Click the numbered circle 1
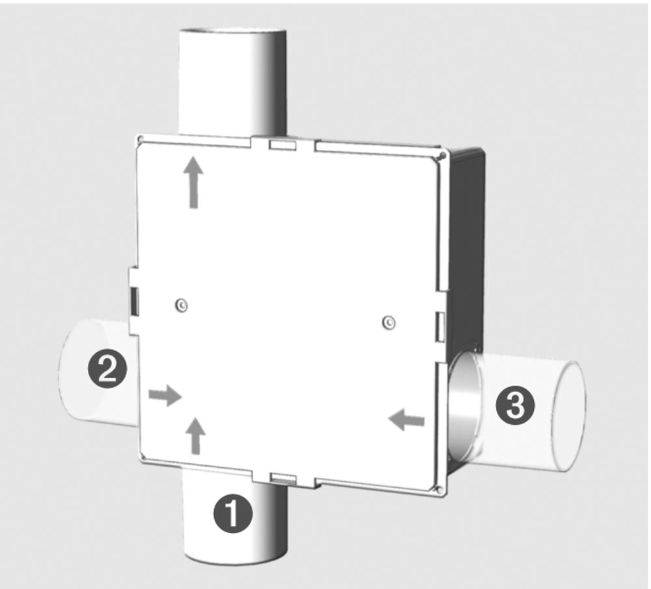click(233, 515)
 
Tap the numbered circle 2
click(107, 369)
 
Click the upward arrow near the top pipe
click(193, 182)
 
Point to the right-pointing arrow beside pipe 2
click(164, 395)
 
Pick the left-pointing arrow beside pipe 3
click(406, 421)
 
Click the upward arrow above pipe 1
click(195, 435)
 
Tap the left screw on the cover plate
click(182, 304)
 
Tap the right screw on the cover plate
click(389, 321)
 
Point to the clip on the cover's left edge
click(133, 299)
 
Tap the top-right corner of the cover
click(442, 155)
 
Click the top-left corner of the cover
click(139, 139)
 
